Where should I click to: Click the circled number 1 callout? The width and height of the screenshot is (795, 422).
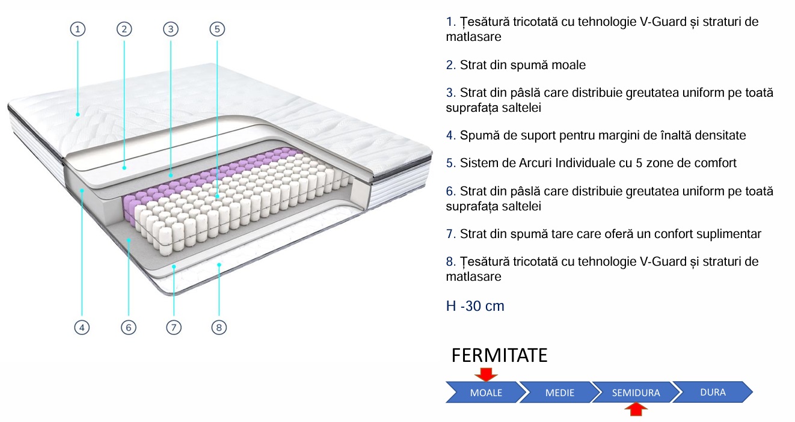(x=78, y=29)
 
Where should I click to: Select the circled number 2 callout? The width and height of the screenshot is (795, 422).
(x=124, y=29)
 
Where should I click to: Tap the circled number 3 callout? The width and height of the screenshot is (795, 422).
(x=171, y=29)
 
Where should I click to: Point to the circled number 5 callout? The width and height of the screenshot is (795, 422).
(x=217, y=29)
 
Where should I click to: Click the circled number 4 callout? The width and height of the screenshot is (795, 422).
(x=82, y=327)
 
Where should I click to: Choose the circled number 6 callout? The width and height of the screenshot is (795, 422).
(x=129, y=327)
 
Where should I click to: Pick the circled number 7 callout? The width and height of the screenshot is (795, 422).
(x=174, y=327)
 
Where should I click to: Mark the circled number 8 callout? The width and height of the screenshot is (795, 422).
(x=219, y=327)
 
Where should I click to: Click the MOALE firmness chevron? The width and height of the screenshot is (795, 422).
(x=486, y=392)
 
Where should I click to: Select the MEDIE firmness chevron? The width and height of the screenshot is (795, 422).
(x=560, y=392)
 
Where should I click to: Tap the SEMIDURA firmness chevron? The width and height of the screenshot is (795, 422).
(x=636, y=392)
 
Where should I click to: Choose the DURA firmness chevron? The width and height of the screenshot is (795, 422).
(x=713, y=392)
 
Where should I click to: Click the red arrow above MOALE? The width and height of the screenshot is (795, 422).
(x=486, y=375)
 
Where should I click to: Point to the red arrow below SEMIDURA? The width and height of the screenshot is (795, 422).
(x=636, y=409)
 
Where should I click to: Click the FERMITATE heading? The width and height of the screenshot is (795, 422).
(x=499, y=355)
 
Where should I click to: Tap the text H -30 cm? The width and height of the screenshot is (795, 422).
(x=475, y=306)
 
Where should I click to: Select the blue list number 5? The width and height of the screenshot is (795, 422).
(x=451, y=163)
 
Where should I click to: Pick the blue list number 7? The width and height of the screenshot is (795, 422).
(x=451, y=234)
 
